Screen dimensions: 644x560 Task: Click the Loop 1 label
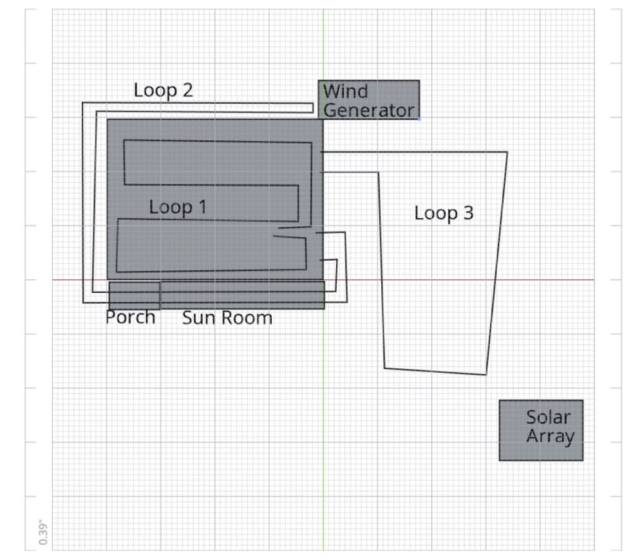point(178,207)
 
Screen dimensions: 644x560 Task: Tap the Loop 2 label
point(163,91)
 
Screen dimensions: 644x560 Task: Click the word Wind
point(345,91)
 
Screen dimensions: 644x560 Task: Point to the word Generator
point(368,111)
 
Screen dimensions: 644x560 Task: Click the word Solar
point(548,417)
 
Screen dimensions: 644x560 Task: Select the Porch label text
point(130,317)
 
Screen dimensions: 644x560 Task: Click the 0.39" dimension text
point(43,534)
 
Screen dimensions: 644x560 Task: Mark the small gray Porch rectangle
point(135,295)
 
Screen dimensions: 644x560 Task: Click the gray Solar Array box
point(541,430)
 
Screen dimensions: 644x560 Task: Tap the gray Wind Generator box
point(369,100)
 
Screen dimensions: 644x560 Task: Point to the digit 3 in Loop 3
point(469,213)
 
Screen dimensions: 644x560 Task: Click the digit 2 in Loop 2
point(187,90)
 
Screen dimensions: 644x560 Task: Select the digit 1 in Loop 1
point(202,207)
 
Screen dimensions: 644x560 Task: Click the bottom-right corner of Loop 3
point(486,375)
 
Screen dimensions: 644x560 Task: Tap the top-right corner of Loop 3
point(507,153)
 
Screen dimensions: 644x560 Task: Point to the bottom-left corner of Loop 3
point(384,368)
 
